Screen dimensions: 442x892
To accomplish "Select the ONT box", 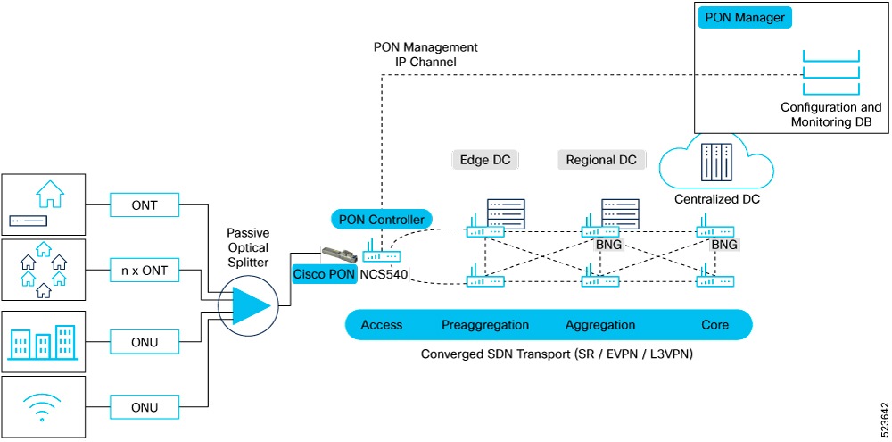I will [144, 206].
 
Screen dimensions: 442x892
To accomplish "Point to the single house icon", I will [50, 193].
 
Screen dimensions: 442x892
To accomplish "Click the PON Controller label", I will [382, 218].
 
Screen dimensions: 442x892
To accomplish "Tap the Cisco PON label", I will [322, 274].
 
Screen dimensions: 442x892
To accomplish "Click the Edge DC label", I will [484, 161].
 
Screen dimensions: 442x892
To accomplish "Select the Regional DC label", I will [601, 161].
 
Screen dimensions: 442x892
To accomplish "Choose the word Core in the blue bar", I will [715, 325].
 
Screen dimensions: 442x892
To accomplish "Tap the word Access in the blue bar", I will [382, 325].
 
